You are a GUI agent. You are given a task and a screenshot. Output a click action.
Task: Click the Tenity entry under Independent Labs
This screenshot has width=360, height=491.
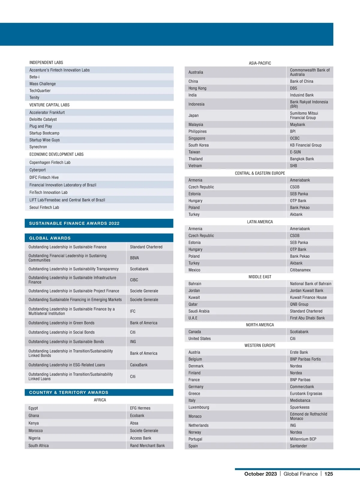point(34,98)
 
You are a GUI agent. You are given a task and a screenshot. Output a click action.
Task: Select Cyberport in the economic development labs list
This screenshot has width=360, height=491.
point(37,170)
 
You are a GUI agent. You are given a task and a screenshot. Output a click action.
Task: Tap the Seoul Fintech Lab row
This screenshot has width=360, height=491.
point(44,207)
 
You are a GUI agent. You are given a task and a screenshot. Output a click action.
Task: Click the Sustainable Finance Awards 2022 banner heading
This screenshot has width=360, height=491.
point(74,223)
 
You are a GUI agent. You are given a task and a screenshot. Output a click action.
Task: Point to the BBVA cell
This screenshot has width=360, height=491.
point(134,258)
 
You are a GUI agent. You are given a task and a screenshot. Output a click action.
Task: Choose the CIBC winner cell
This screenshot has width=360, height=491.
point(134,280)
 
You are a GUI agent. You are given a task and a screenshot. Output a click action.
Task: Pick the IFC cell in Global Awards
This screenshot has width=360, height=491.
point(133,311)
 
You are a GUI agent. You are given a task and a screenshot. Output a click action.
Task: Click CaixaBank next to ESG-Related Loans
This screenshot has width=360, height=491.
point(139,365)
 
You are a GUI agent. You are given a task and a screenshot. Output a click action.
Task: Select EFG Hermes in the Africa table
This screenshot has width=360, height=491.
point(140,408)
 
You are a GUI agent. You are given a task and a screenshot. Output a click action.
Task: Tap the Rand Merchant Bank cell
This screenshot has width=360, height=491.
point(147,445)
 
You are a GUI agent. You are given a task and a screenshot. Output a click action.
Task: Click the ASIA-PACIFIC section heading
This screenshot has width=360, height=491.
point(260,63)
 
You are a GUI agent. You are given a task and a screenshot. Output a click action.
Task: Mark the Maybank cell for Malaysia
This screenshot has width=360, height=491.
point(297,124)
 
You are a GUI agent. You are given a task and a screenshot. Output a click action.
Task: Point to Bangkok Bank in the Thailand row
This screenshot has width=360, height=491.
point(302,159)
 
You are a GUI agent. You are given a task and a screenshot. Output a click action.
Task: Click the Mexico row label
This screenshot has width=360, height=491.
point(194,270)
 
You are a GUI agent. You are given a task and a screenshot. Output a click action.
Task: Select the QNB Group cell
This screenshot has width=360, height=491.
point(299,304)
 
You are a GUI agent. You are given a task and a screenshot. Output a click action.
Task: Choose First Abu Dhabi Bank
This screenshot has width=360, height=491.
point(307,318)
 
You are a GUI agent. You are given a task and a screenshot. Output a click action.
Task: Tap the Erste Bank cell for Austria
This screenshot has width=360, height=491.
point(299,352)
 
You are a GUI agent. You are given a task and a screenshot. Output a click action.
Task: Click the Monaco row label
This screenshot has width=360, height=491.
point(195,416)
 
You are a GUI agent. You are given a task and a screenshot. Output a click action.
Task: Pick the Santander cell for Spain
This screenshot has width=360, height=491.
point(298,446)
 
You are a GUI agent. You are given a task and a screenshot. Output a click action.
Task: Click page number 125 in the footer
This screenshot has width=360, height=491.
point(328,474)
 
